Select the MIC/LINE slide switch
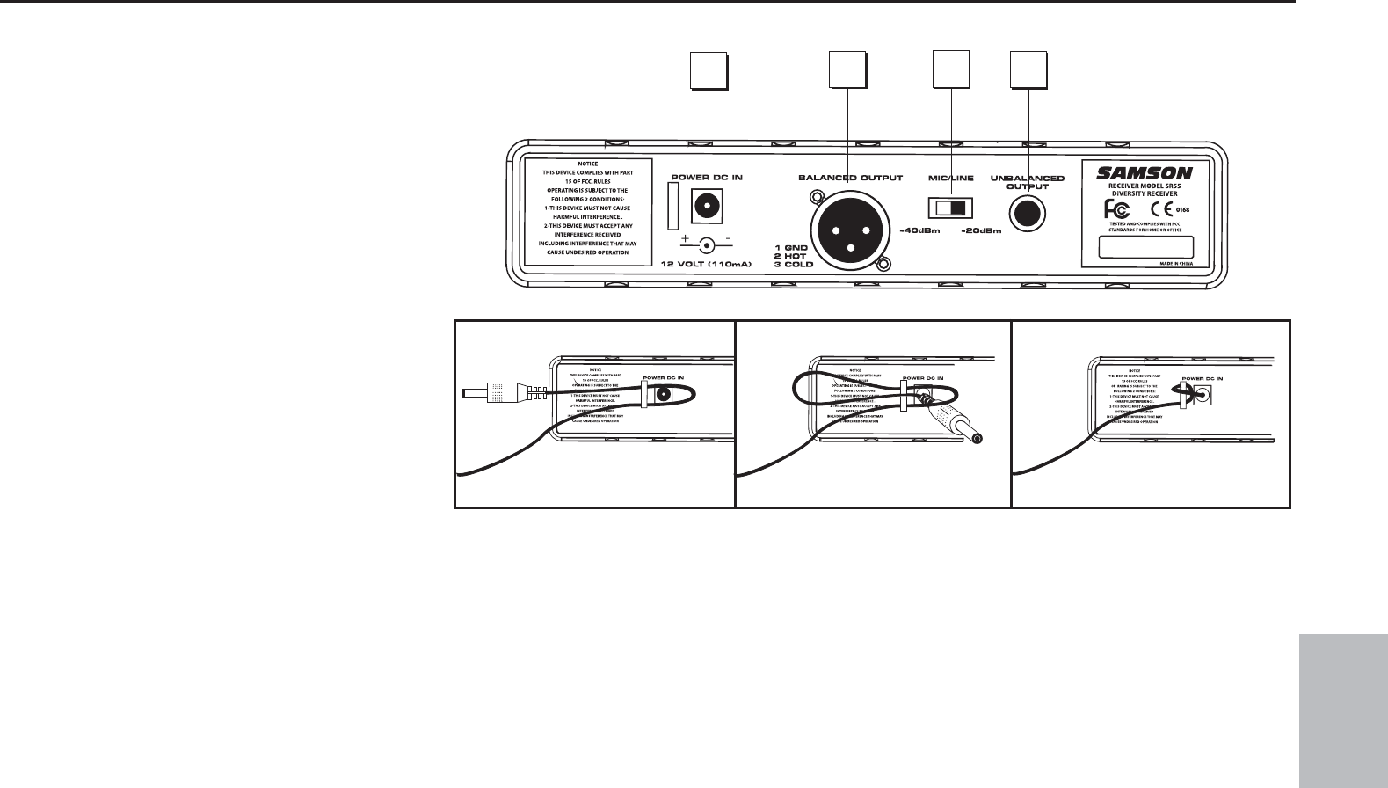pyautogui.click(x=950, y=208)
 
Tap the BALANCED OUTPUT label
pyautogui.click(x=850, y=178)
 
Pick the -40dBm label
pyautogui.click(x=920, y=231)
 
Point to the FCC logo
pyautogui.click(x=1115, y=209)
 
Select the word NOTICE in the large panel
pyautogui.click(x=588, y=164)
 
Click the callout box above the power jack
pyautogui.click(x=708, y=71)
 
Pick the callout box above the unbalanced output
pyautogui.click(x=1028, y=71)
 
